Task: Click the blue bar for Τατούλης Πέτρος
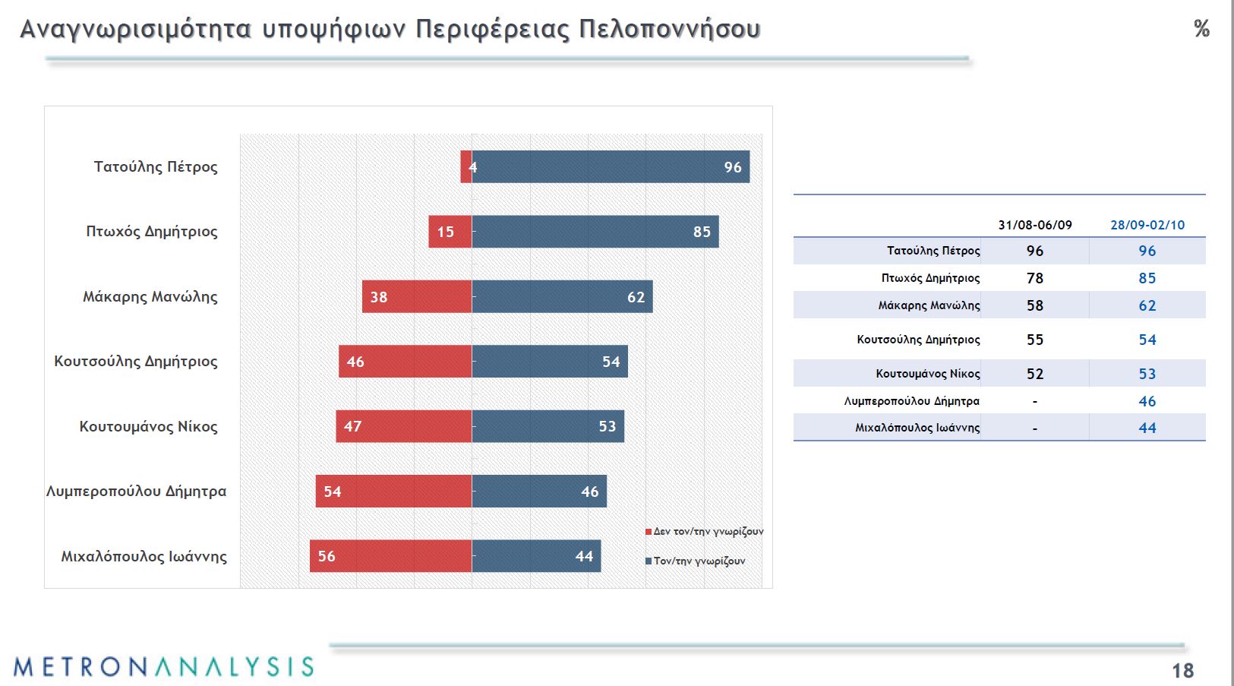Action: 611,167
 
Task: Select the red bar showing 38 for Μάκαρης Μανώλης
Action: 417,297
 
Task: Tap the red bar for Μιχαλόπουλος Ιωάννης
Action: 390,556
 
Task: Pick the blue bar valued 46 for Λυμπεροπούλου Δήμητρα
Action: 539,492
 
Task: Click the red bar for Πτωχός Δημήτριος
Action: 450,232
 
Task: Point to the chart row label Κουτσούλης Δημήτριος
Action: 136,362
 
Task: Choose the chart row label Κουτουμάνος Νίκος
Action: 148,427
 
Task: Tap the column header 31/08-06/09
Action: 1035,225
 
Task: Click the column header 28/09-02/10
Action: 1147,225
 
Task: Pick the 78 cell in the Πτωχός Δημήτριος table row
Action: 1035,278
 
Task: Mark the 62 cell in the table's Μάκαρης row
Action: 1147,305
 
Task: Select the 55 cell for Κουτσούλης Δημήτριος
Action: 1035,340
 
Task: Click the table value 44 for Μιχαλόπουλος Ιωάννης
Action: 1147,428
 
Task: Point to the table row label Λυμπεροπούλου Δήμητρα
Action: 911,401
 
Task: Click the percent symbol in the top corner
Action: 1201,29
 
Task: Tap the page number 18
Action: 1182,671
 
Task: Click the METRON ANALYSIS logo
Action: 163,667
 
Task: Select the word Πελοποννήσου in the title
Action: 669,29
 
